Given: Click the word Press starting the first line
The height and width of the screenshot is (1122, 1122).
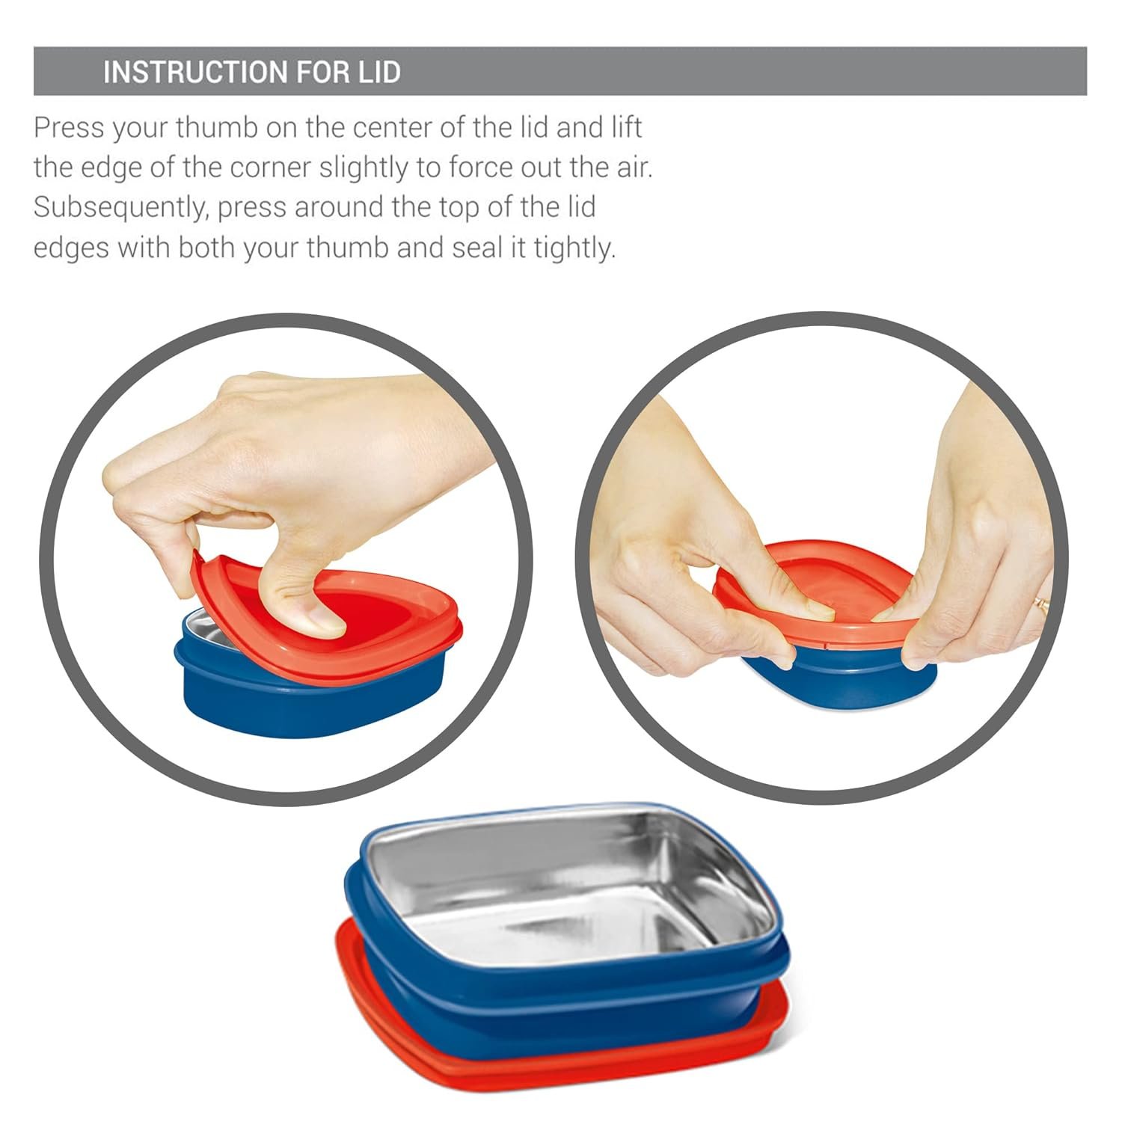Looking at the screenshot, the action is [x=68, y=128].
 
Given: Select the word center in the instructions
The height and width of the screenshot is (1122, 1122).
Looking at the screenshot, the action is [x=391, y=128].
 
